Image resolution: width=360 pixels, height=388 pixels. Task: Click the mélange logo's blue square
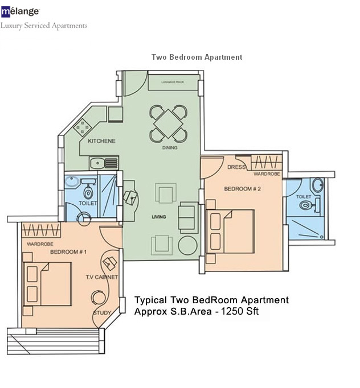[6, 12]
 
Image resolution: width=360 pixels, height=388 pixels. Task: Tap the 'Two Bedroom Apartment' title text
[197, 57]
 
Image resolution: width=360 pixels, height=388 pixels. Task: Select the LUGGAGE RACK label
[173, 82]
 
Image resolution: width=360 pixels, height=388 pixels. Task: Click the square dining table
[168, 123]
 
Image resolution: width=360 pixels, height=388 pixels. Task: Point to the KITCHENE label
[101, 141]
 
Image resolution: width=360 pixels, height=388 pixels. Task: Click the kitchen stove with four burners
[83, 127]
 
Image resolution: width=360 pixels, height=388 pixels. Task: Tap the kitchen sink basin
[97, 163]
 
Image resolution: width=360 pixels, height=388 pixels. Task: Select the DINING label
[170, 148]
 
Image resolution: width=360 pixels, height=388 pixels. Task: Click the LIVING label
[159, 217]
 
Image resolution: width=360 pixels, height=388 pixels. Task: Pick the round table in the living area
[187, 245]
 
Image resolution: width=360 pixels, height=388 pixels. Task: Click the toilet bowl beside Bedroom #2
[305, 205]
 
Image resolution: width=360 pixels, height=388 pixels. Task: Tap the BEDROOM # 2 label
[242, 189]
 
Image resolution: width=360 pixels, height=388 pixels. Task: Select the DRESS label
[236, 167]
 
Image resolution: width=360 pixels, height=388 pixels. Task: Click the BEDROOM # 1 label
[68, 252]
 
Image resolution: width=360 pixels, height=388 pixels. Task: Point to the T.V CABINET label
[102, 277]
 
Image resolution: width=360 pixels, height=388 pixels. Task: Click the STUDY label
[102, 313]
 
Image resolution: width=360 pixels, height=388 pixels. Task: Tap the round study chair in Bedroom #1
[99, 298]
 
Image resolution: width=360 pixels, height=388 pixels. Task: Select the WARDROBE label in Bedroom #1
[40, 244]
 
